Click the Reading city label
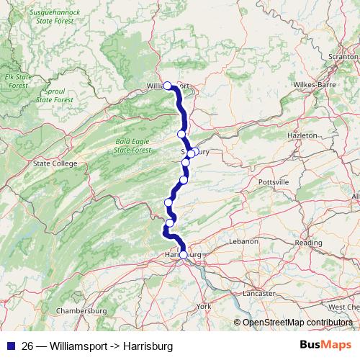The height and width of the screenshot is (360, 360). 308,243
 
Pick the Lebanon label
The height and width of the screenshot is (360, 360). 243,242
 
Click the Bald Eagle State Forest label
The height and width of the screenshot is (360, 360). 132,145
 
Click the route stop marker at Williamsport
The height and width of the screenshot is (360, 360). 168,86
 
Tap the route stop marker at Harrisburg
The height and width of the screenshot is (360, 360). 183,254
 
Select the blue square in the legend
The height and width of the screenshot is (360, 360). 12,345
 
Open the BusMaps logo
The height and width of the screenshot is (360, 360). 325,344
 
